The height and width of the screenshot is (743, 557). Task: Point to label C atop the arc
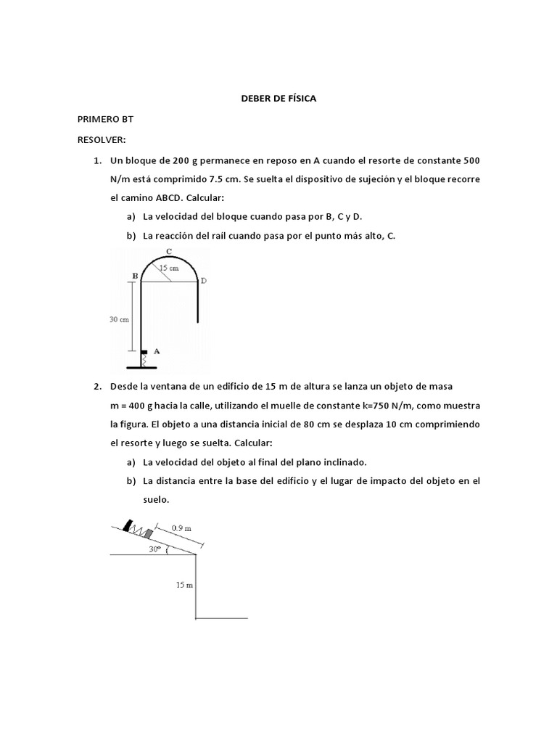click(x=168, y=252)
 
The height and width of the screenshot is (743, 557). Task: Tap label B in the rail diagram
click(x=134, y=276)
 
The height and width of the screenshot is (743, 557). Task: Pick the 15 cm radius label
click(x=169, y=268)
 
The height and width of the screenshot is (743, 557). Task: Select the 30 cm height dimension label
click(x=119, y=319)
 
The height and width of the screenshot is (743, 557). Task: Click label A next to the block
click(x=157, y=350)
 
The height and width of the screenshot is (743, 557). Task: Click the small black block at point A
click(x=144, y=351)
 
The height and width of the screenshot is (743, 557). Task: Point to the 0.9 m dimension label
click(x=182, y=528)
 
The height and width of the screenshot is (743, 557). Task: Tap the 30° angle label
click(x=154, y=549)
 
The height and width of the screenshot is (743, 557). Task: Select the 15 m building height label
click(x=184, y=585)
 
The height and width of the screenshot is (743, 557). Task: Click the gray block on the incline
click(x=149, y=534)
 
